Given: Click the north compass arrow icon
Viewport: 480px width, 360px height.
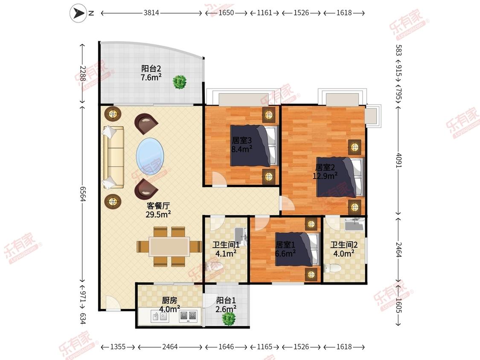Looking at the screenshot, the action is pos(79,13).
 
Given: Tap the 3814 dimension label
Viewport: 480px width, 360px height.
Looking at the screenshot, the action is pos(151,13).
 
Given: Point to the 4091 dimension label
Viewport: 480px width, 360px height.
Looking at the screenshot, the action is pos(399,160).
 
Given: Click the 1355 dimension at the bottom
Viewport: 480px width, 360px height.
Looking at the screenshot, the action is pos(118,347).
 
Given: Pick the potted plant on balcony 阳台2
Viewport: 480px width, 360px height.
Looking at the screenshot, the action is pos(179,82).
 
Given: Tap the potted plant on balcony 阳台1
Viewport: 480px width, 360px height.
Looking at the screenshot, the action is pos(229,319).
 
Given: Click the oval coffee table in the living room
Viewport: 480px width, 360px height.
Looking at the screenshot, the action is pos(150,156).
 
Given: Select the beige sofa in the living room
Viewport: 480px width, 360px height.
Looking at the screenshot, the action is pos(113,157).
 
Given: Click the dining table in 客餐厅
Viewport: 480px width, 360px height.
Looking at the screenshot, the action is pos(169,247).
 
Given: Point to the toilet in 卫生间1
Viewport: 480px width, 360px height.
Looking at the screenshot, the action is pos(215,266).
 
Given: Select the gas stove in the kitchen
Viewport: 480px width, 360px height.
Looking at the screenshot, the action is pos(188,316).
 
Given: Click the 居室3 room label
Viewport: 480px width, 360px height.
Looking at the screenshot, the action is pos(242,140).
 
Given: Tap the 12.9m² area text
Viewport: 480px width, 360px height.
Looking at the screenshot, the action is pos(325,176).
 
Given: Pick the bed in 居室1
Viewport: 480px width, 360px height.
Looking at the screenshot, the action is pos(297,249).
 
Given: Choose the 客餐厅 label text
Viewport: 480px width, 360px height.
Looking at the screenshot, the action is pos(158,206).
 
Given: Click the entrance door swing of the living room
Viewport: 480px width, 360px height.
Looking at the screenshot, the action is pos(113,303).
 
